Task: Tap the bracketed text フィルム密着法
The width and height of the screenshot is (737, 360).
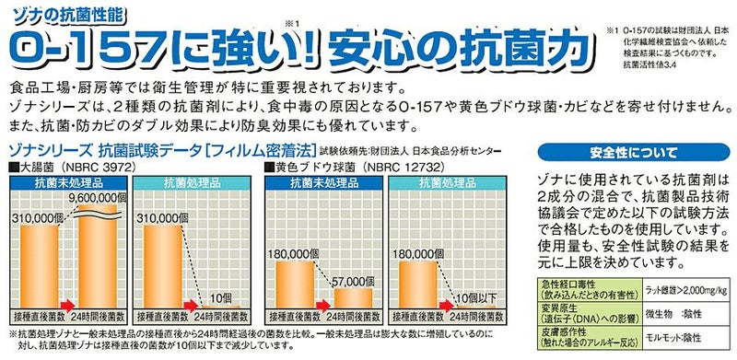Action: pos(266,150)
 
